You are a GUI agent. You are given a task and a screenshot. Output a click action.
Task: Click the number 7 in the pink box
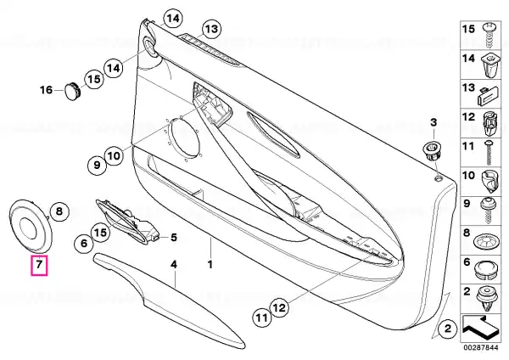coord(39,264)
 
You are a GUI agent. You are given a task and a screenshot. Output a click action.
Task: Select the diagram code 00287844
coord(481,347)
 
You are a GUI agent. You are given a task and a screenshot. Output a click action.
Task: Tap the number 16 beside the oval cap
coord(46,90)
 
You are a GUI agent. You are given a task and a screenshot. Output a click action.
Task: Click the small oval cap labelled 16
coord(72,92)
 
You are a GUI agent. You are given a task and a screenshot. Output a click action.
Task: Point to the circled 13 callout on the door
coord(211,30)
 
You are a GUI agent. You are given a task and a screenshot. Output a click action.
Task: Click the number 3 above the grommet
coord(433,122)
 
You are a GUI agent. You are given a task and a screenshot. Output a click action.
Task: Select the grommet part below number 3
coord(432,150)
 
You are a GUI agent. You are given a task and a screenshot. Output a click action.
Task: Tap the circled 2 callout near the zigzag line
coord(448,329)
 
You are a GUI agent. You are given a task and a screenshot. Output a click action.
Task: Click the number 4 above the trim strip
coord(174,264)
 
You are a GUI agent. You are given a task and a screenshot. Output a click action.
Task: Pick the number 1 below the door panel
coord(210,264)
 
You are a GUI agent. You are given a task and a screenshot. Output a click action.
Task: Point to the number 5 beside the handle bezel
coord(174,238)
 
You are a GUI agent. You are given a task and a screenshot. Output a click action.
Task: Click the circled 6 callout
coord(84,243)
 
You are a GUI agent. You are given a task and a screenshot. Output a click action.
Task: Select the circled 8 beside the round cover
coord(59,211)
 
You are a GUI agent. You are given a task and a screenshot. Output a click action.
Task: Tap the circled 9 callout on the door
coord(97,165)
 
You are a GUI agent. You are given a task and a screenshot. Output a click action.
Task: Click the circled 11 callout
coord(262,317)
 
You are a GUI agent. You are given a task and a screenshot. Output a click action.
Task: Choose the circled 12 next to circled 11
coord(279,307)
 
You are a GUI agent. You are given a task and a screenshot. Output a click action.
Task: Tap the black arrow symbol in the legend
coord(480,328)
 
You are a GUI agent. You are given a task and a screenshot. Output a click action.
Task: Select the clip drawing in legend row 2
coord(487,298)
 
